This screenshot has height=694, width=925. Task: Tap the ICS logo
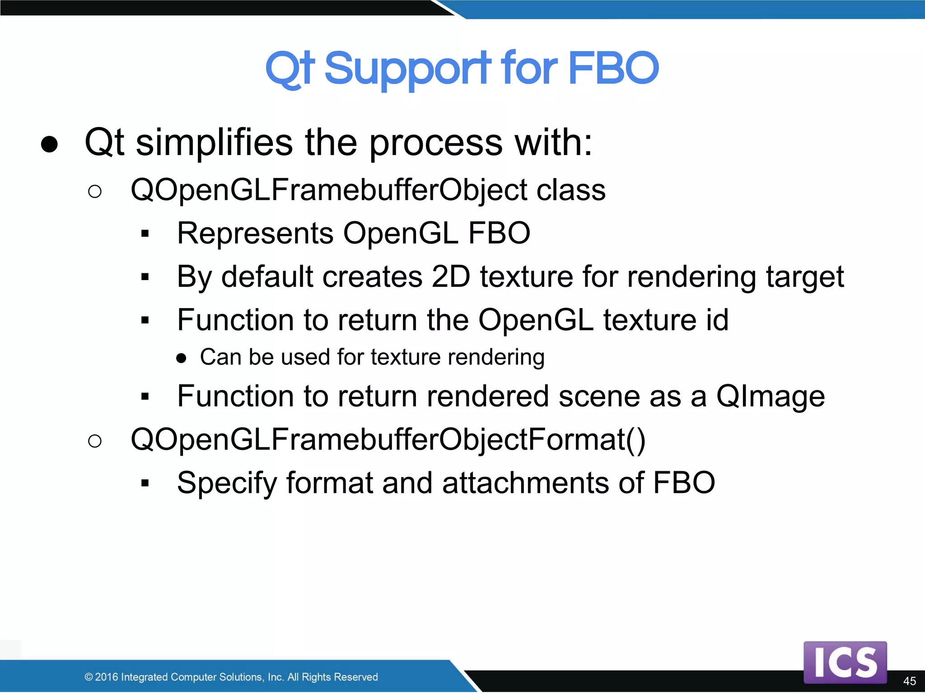(845, 662)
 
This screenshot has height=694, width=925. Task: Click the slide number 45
(909, 681)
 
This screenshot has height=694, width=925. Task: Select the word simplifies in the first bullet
(214, 143)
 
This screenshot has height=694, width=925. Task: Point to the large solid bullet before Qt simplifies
(49, 144)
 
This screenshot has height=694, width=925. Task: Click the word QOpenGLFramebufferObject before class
(328, 190)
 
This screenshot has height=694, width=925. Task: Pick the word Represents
(255, 234)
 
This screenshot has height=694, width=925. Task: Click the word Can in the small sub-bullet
(220, 357)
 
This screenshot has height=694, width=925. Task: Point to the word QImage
(770, 397)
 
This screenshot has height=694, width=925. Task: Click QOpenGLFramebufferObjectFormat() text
(388, 440)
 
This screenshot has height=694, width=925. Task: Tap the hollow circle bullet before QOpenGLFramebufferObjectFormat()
(95, 441)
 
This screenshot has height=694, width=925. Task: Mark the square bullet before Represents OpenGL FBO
(145, 234)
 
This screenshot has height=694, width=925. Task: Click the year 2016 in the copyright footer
(107, 677)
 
